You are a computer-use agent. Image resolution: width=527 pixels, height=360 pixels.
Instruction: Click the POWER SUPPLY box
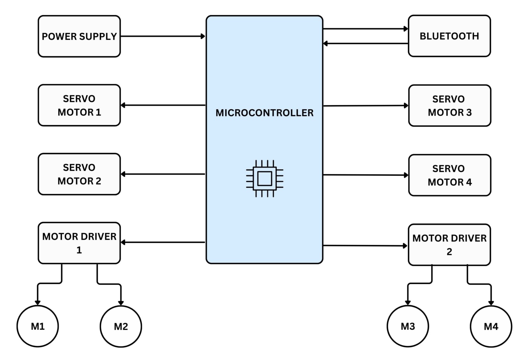pyautogui.click(x=79, y=36)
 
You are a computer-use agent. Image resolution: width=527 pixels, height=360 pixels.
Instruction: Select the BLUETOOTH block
pyautogui.click(x=449, y=36)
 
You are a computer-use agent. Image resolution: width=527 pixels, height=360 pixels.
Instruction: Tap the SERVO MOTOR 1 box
pyautogui.click(x=79, y=105)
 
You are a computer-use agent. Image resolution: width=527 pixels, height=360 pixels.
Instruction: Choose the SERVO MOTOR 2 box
pyautogui.click(x=79, y=174)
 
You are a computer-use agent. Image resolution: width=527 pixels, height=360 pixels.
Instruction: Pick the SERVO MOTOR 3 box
pyautogui.click(x=449, y=106)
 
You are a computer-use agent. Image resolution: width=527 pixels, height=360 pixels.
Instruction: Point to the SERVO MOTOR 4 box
pyautogui.click(x=449, y=175)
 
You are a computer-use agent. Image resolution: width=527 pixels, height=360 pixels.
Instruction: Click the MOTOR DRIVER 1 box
pyautogui.click(x=79, y=243)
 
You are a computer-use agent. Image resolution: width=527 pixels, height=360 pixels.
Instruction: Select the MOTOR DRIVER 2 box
pyautogui.click(x=449, y=245)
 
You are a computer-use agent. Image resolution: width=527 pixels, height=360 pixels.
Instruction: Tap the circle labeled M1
pyautogui.click(x=38, y=326)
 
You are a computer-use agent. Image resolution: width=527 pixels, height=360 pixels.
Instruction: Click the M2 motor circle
pyautogui.click(x=121, y=326)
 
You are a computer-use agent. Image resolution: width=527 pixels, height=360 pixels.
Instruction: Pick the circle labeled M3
pyautogui.click(x=408, y=326)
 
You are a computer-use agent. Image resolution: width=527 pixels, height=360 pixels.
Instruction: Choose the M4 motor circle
pyautogui.click(x=491, y=326)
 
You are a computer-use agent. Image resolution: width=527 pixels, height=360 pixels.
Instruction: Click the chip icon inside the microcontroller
pyautogui.click(x=265, y=178)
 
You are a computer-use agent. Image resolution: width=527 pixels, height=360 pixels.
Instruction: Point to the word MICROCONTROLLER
pyautogui.click(x=265, y=113)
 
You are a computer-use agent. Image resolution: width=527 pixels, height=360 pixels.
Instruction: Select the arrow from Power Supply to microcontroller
pyautogui.click(x=163, y=36)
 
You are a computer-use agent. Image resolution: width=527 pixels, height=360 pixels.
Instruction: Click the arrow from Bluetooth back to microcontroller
pyautogui.click(x=365, y=44)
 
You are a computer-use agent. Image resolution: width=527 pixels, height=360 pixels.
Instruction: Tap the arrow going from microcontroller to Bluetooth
pyautogui.click(x=365, y=29)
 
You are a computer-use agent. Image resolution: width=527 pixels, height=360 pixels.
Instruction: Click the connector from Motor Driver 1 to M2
pyautogui.click(x=109, y=284)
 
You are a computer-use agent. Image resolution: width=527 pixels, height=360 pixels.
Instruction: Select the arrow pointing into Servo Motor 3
pyautogui.click(x=365, y=106)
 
